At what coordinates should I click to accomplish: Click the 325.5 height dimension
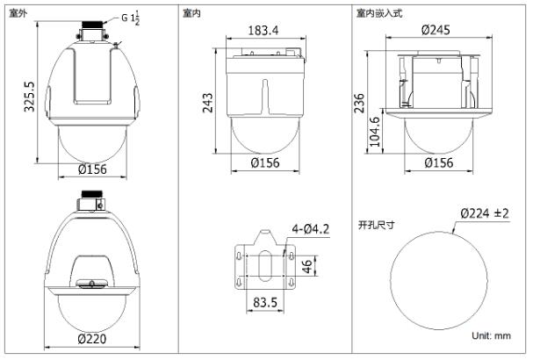pyautogui.click(x=29, y=97)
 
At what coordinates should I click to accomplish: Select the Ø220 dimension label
pyautogui.click(x=92, y=339)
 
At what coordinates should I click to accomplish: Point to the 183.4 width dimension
pyautogui.click(x=263, y=30)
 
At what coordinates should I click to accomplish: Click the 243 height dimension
pyautogui.click(x=207, y=103)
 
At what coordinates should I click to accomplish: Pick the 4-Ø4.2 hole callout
pyautogui.click(x=311, y=229)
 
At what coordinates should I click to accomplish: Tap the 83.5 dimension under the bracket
pyautogui.click(x=265, y=302)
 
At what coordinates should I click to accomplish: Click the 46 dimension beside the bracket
pyautogui.click(x=307, y=266)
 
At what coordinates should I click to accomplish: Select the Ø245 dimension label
pyautogui.click(x=436, y=30)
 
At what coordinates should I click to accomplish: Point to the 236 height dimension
pyautogui.click(x=359, y=103)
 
